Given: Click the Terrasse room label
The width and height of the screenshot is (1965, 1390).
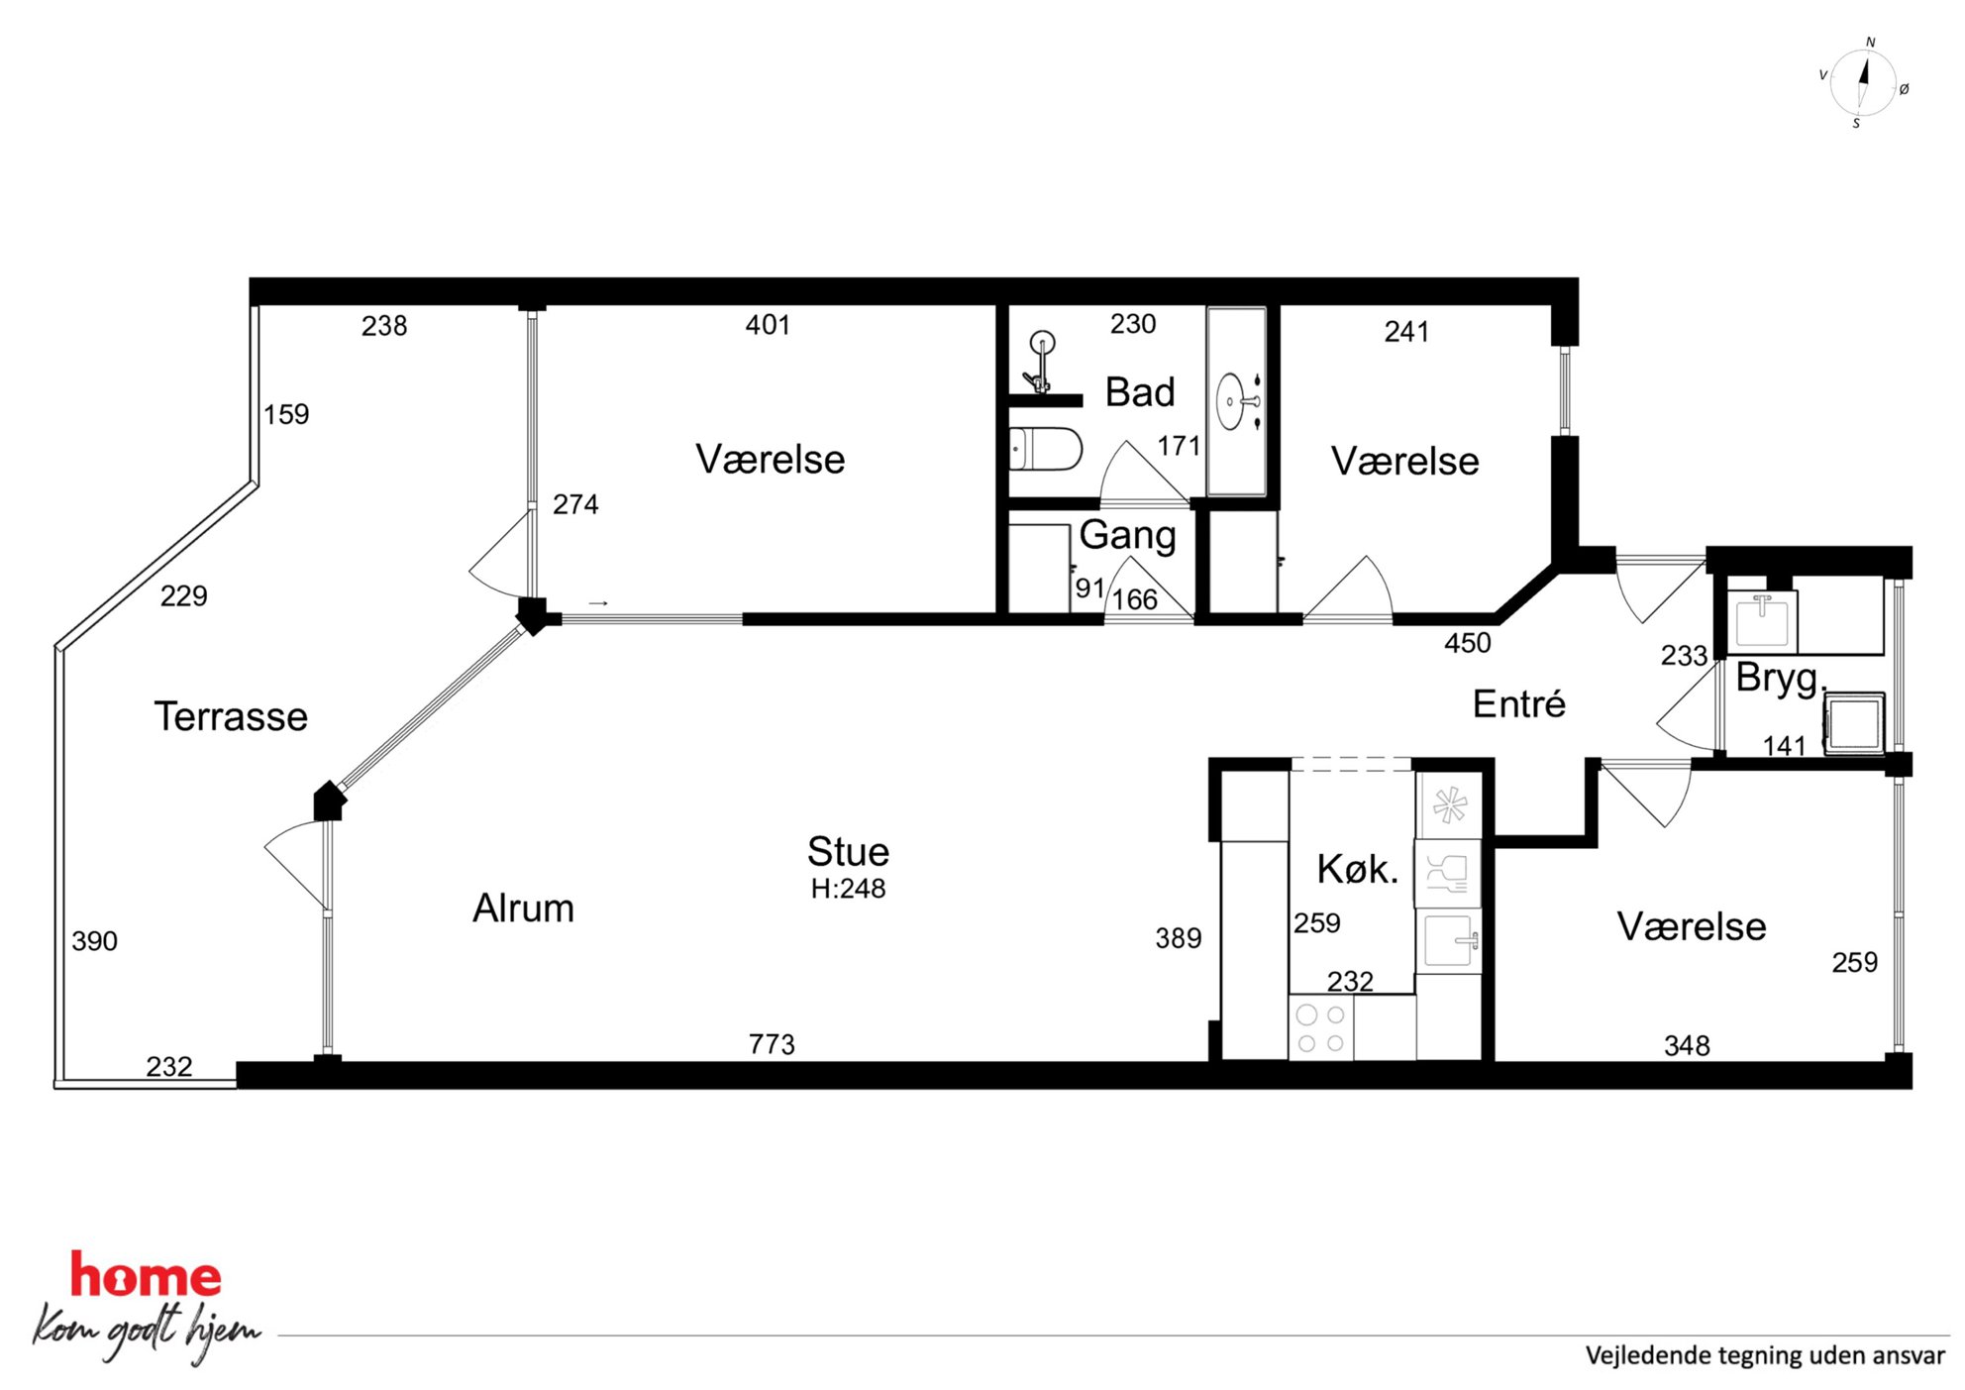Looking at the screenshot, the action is coord(231,716).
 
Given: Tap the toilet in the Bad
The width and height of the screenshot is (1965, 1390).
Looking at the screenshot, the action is coord(1045,449).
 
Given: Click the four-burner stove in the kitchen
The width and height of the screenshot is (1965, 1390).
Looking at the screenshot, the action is coord(1321,1028).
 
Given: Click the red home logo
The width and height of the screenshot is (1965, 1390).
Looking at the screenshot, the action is coord(146,1276).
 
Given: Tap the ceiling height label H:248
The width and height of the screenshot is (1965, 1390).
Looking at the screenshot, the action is coord(848,889).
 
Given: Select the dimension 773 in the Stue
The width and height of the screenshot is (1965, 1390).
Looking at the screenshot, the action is coord(772,1044).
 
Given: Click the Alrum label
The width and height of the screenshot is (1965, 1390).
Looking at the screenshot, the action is coord(523,909).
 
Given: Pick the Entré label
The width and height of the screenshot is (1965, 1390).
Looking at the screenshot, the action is coord(1518,703).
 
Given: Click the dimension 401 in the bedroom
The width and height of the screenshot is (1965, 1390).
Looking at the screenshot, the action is coord(768,325).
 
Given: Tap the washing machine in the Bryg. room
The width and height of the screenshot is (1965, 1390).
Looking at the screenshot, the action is coord(1854,723).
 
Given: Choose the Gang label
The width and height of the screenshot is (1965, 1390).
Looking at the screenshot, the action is coord(1127,535).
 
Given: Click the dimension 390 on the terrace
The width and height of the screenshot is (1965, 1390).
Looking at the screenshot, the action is coord(94,941).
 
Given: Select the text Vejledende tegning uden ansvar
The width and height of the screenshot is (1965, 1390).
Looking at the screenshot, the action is coord(1765,1355).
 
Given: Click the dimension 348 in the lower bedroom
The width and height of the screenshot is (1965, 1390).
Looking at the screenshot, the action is coord(1687,1045).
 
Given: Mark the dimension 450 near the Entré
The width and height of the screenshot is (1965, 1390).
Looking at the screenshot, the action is coord(1467,643).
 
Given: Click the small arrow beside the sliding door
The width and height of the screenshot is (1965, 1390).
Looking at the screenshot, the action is coord(598,603).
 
